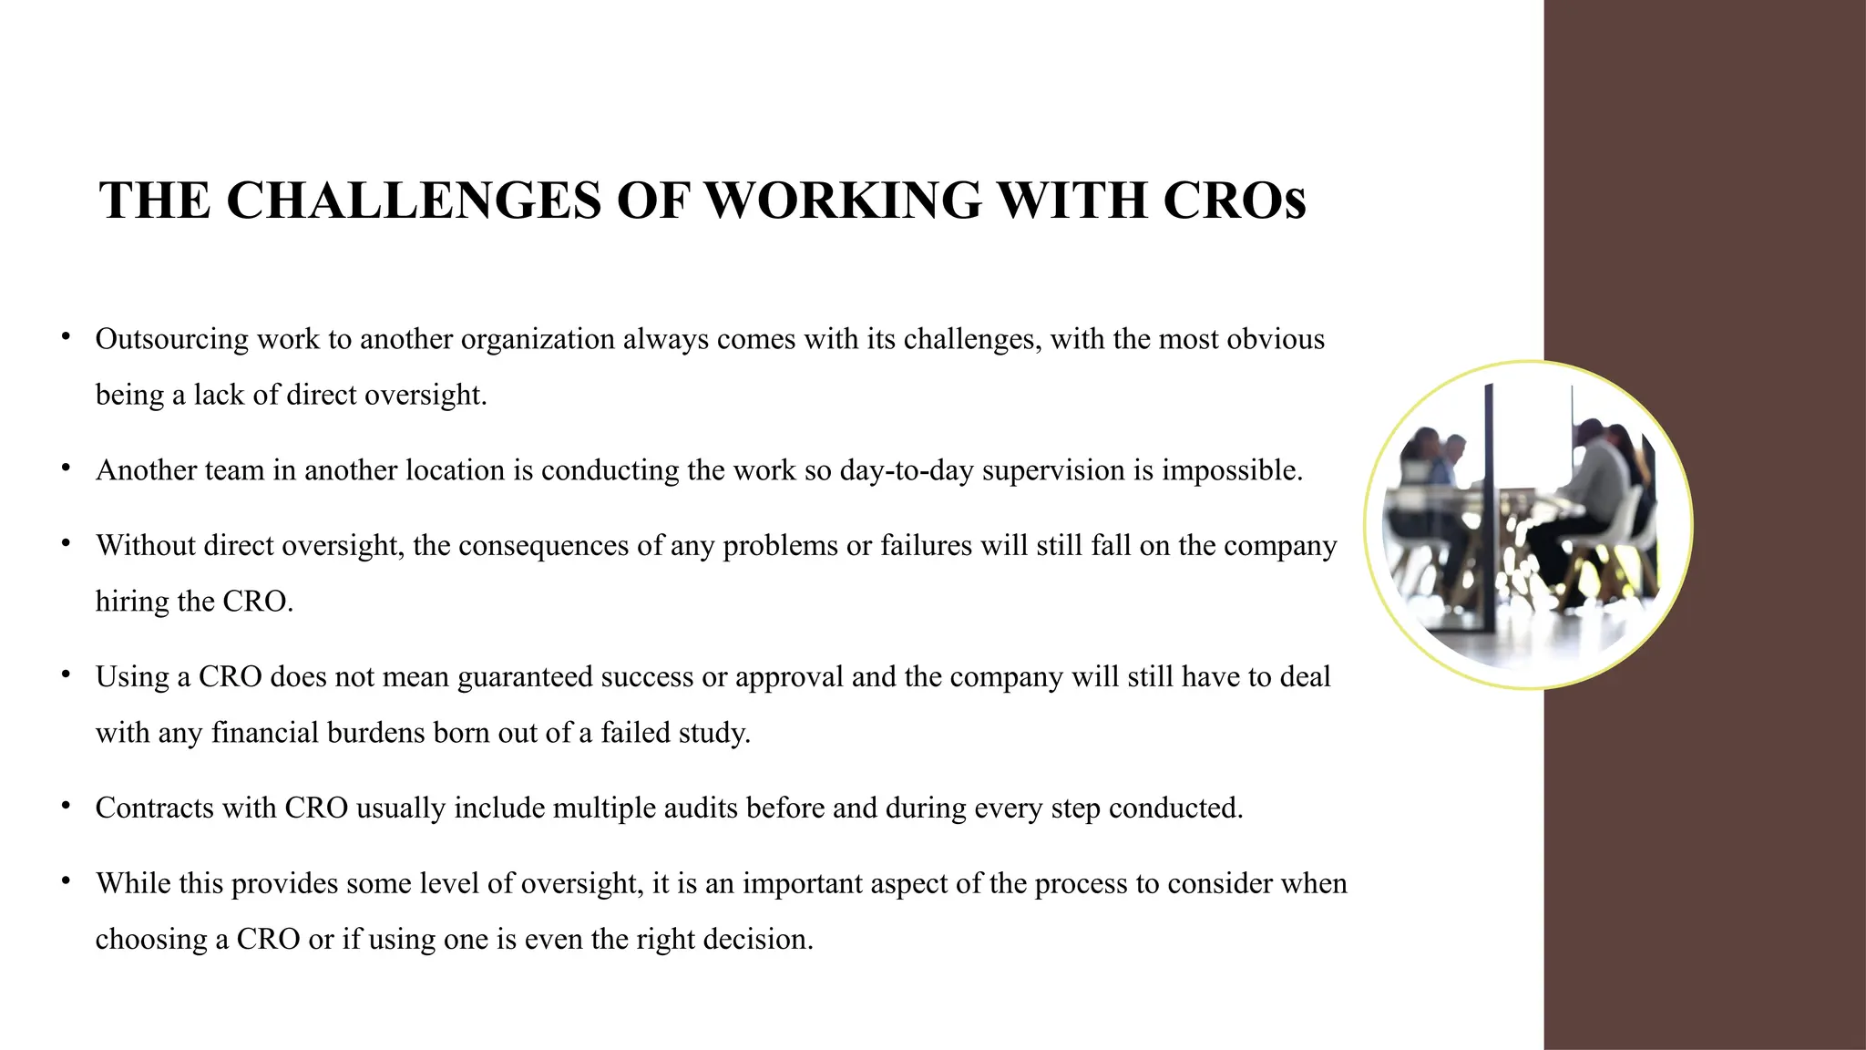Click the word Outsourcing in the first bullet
point(171,339)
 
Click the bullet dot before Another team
point(66,468)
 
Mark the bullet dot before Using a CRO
point(66,675)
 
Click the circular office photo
point(1528,525)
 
